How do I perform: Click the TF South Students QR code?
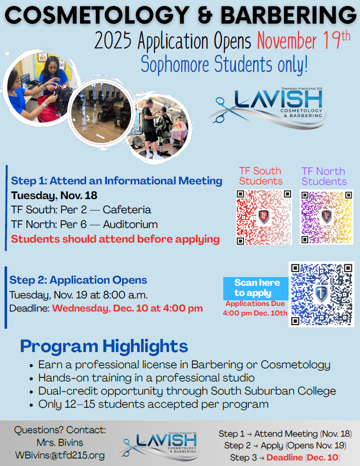(x=264, y=217)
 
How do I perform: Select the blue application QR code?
(x=321, y=294)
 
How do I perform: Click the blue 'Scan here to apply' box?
(x=255, y=288)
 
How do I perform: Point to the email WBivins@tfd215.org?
(x=59, y=455)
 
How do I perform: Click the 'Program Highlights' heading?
(x=104, y=346)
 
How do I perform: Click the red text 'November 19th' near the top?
(x=303, y=40)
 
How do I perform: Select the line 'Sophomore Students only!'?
(x=224, y=65)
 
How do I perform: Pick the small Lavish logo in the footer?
(x=159, y=442)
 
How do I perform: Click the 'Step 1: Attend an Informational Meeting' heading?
(x=116, y=181)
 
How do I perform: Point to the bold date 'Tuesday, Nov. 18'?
(x=54, y=196)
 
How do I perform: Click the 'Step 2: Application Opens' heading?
(x=78, y=280)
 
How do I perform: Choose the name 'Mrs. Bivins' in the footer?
(x=59, y=443)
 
